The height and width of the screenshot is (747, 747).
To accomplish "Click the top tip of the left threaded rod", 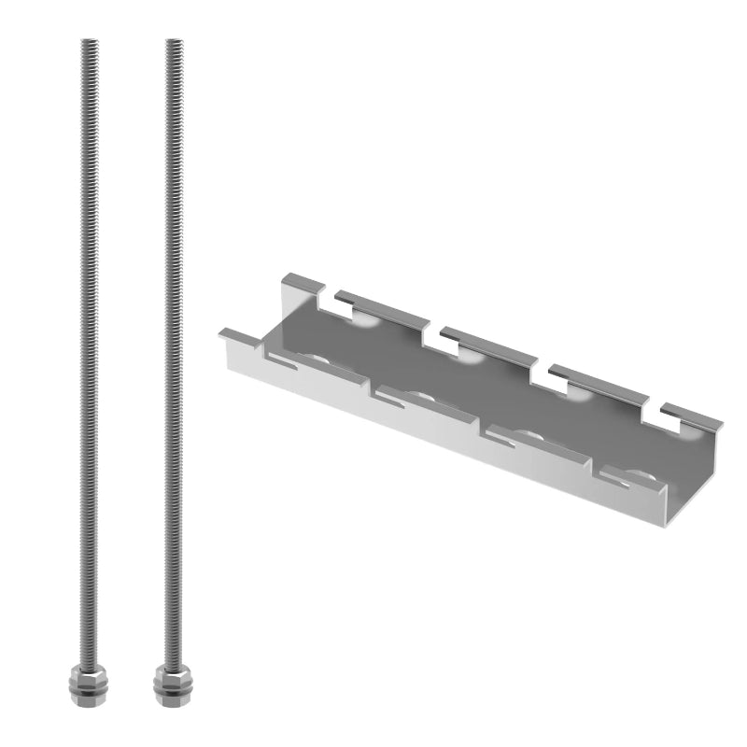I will point(89,41).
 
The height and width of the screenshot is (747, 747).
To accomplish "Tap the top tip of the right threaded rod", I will point(174,41).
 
